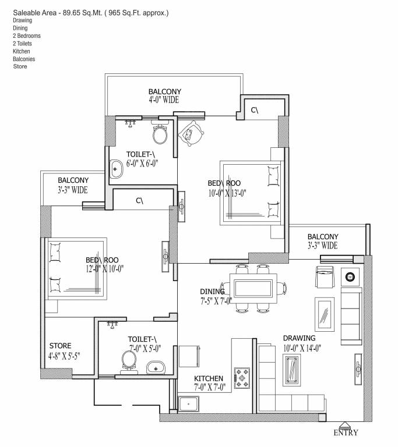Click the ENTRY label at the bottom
[x=346, y=432]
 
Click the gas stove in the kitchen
[x=241, y=377]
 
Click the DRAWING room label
[x=299, y=338]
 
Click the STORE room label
[x=61, y=346]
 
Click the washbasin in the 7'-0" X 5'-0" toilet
[x=154, y=367]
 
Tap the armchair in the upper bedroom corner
[x=191, y=134]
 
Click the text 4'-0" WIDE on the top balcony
[x=163, y=100]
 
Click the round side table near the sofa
[x=351, y=276]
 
